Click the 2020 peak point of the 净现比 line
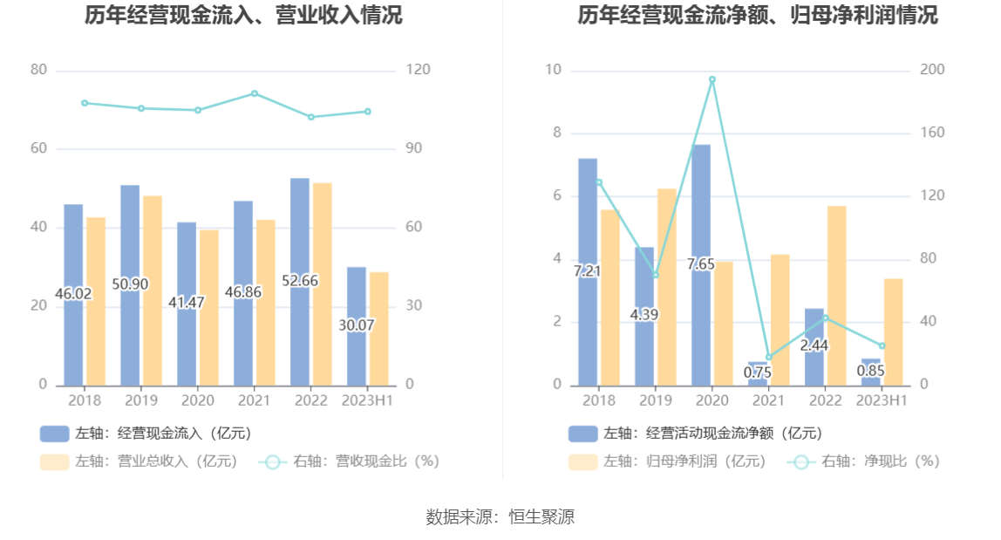[x=712, y=79]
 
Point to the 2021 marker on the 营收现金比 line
[x=255, y=93]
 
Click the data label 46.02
[x=73, y=294]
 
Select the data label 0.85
[x=870, y=371]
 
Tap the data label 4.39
[x=643, y=315]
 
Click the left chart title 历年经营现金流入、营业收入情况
[x=243, y=16]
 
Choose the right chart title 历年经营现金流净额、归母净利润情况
[x=758, y=16]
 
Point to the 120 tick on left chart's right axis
[x=419, y=70]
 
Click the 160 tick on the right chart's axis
[x=932, y=133]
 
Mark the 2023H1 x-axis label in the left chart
[x=368, y=400]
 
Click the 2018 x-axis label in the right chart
[x=599, y=400]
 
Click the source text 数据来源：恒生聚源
[x=500, y=516]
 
